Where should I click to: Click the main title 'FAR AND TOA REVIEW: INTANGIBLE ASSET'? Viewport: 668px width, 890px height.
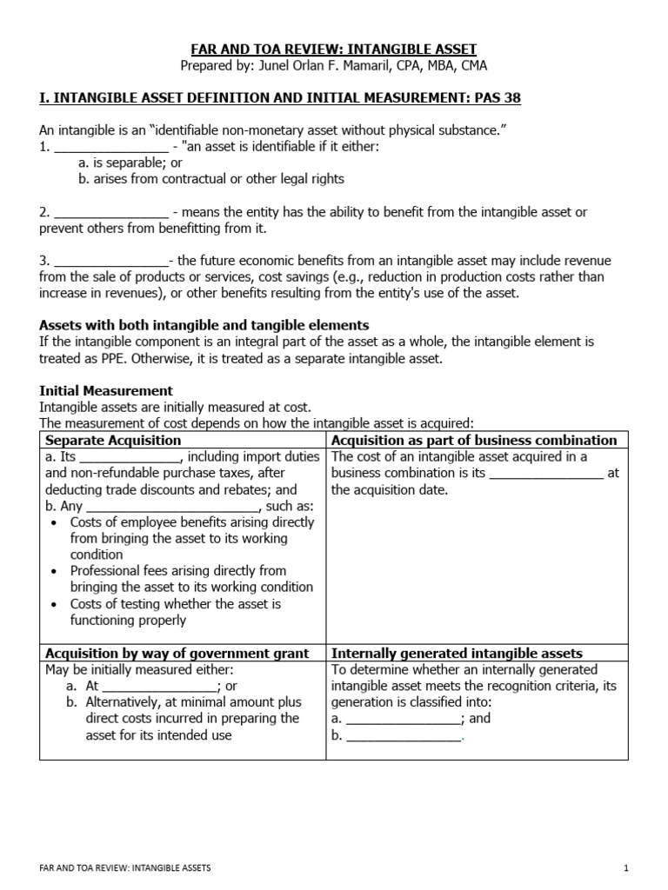[334, 50]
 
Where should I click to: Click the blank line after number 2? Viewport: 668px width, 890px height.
[110, 213]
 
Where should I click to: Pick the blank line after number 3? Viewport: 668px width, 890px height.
[110, 262]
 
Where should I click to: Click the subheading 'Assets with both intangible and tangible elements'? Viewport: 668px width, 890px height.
[204, 325]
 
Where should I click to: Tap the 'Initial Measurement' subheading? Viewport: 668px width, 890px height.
[106, 390]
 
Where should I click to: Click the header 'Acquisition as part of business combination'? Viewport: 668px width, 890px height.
[475, 441]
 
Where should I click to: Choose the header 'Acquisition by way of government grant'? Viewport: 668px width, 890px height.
[177, 654]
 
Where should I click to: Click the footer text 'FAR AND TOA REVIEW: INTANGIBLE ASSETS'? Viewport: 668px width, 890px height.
[125, 868]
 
